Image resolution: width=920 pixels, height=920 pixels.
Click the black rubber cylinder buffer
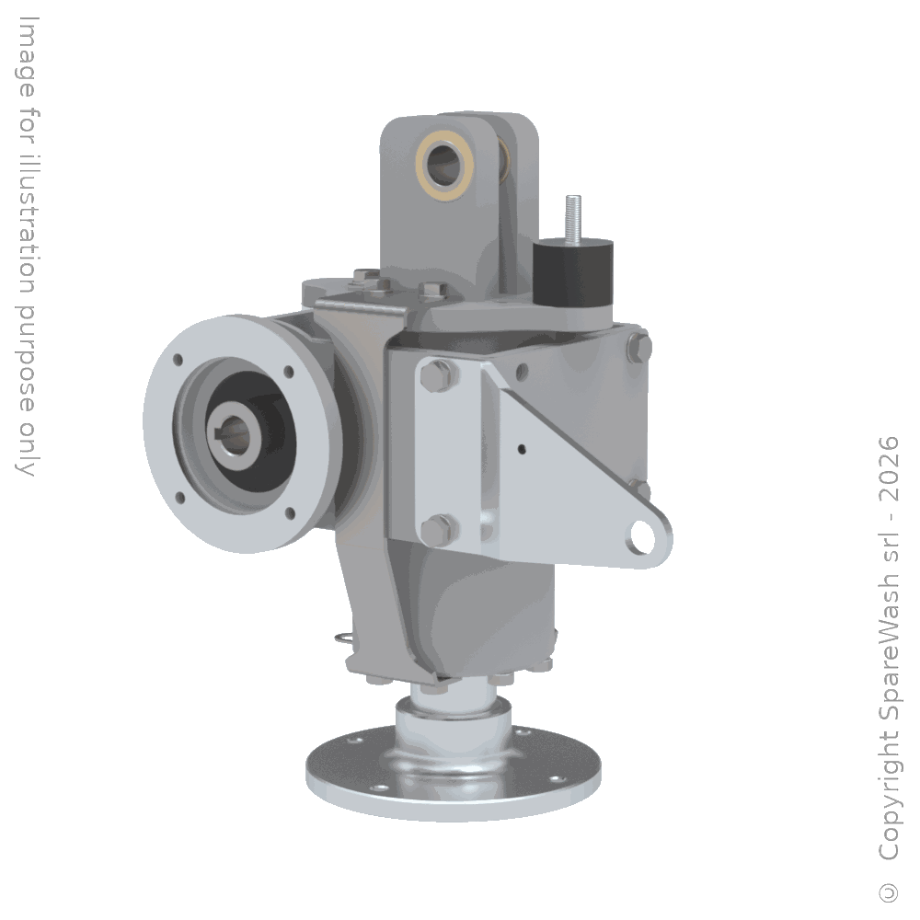(572, 274)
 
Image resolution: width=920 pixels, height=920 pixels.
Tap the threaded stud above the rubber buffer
(572, 218)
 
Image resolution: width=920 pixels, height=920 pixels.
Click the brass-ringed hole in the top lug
(445, 166)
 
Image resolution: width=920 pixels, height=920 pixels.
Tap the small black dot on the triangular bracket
(522, 450)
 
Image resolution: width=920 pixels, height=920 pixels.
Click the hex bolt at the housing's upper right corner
(638, 348)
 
